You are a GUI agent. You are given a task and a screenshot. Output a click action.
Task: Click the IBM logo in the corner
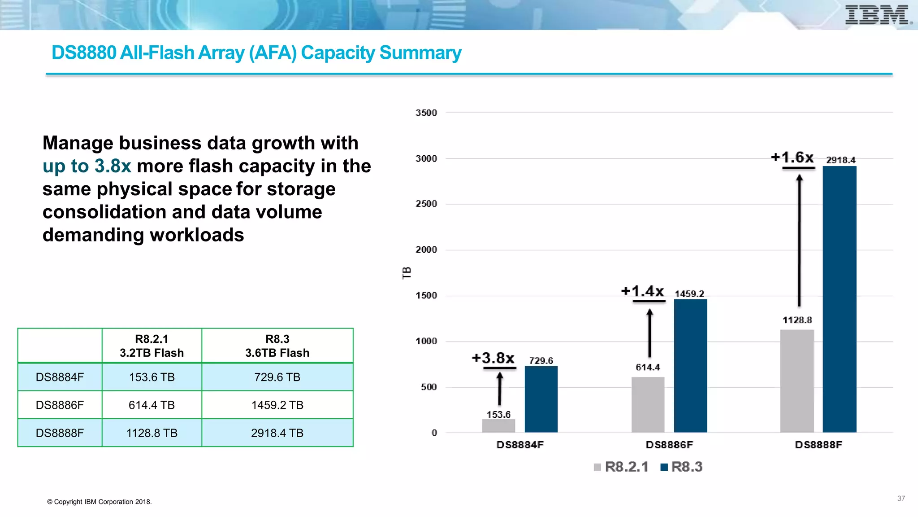pyautogui.click(x=878, y=15)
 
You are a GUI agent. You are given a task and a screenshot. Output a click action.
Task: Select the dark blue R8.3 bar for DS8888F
pyautogui.click(x=839, y=299)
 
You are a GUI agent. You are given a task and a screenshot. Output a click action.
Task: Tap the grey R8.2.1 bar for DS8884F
pyautogui.click(x=498, y=426)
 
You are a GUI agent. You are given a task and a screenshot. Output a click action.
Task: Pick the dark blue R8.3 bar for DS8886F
pyautogui.click(x=690, y=366)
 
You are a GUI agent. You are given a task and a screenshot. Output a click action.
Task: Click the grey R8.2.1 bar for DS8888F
pyautogui.click(x=797, y=381)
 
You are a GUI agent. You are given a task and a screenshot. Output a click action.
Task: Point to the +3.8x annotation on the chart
pyautogui.click(x=493, y=358)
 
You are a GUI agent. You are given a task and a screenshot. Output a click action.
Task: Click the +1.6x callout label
pyautogui.click(x=792, y=158)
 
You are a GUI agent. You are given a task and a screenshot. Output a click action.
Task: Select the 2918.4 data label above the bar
pyautogui.click(x=840, y=160)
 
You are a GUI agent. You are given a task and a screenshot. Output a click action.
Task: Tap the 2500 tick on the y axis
pyautogui.click(x=426, y=204)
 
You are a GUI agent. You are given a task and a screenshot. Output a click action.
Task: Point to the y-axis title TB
pyautogui.click(x=407, y=273)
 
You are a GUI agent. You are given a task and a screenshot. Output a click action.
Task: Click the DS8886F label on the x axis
pyautogui.click(x=669, y=445)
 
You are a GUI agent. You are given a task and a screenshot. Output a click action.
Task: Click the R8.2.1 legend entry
pyautogui.click(x=621, y=467)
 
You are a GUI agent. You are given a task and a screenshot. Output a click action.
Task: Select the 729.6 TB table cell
pyautogui.click(x=277, y=377)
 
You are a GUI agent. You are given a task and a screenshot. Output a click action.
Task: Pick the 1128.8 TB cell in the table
pyautogui.click(x=152, y=433)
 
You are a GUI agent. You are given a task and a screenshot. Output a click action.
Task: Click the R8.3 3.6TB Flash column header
pyautogui.click(x=277, y=346)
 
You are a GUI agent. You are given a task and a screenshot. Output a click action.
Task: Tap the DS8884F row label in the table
pyautogui.click(x=60, y=377)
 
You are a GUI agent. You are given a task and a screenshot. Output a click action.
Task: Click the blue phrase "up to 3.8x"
pyautogui.click(x=87, y=166)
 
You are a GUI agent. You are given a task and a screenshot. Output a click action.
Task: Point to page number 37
pyautogui.click(x=901, y=499)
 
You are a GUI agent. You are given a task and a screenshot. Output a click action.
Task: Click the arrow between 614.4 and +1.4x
pyautogui.click(x=650, y=333)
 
